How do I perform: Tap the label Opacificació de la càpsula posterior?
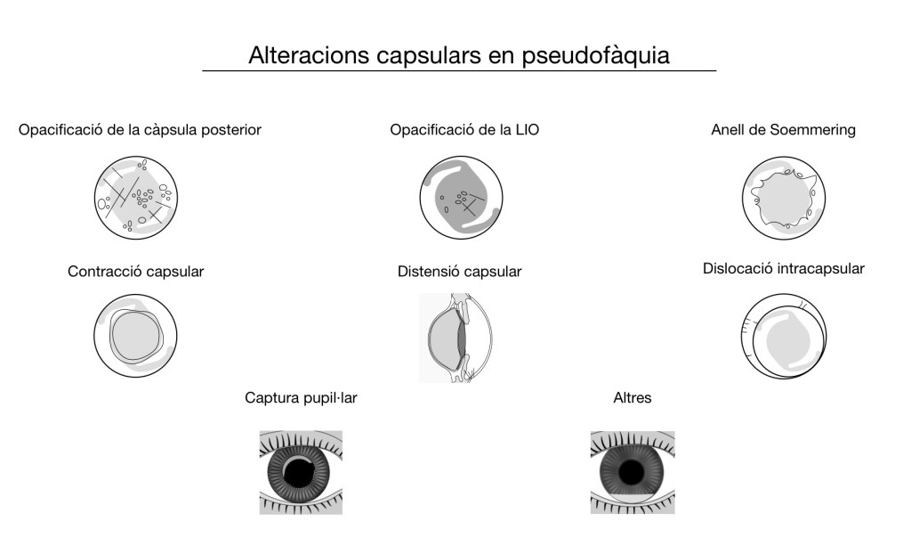(x=140, y=130)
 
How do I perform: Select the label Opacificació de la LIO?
(x=464, y=130)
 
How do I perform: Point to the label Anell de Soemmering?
(x=783, y=130)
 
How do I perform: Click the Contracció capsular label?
(x=136, y=271)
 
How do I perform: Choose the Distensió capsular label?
(x=460, y=272)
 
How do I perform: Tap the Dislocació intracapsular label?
(x=783, y=267)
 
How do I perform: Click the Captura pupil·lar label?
(x=301, y=397)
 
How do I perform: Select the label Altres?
(x=633, y=397)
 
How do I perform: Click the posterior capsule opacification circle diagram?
(x=136, y=199)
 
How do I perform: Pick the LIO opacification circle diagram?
(x=460, y=198)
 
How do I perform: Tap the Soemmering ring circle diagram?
(x=783, y=199)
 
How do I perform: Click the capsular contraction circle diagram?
(x=136, y=335)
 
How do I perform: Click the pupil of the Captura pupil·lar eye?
(x=301, y=470)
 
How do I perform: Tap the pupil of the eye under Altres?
(x=632, y=470)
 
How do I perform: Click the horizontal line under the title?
(x=459, y=70)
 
